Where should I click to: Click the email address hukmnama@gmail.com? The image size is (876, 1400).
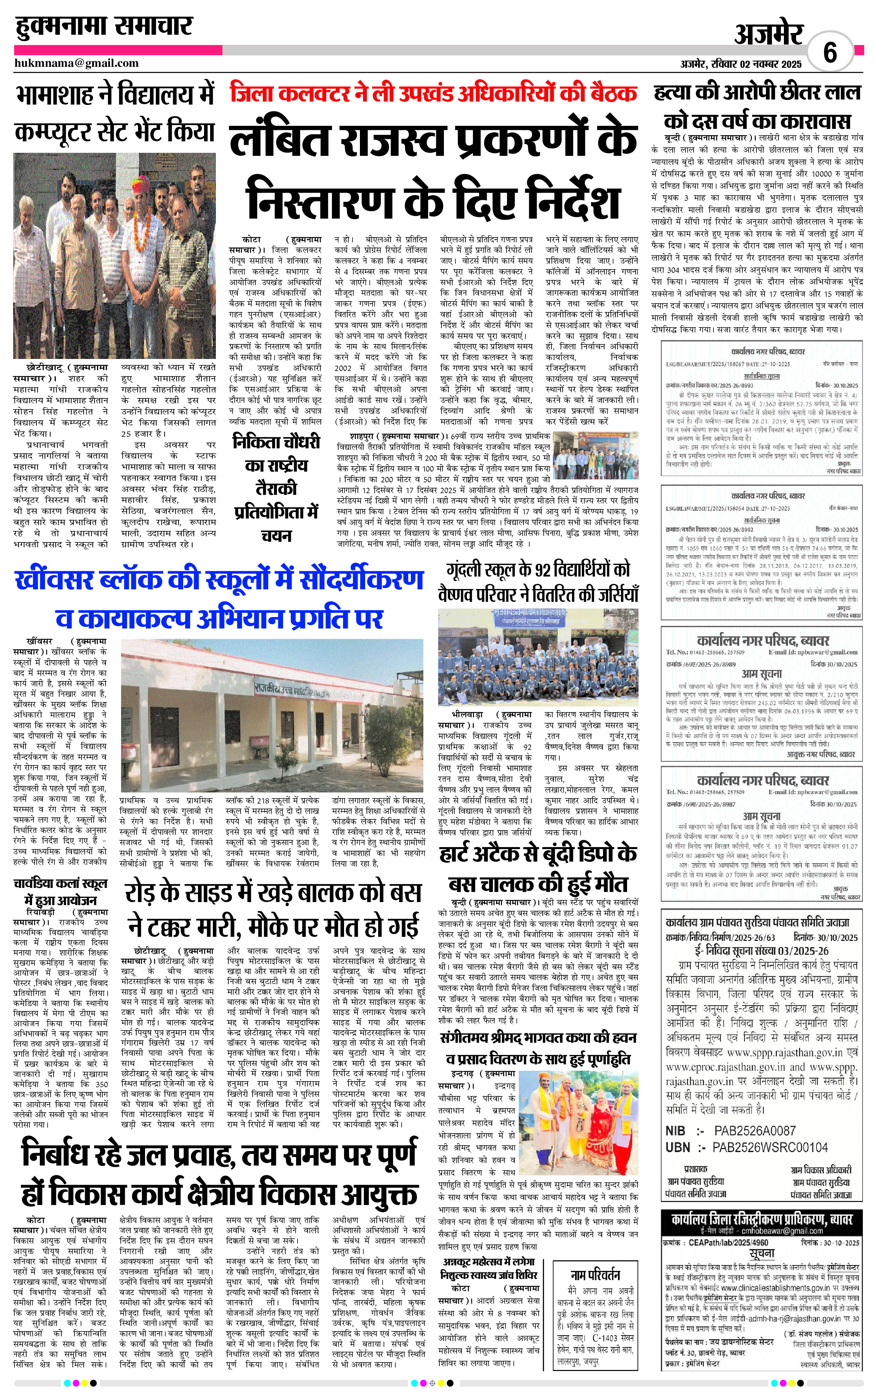coord(77,63)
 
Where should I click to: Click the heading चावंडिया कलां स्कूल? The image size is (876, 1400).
coord(60,884)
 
